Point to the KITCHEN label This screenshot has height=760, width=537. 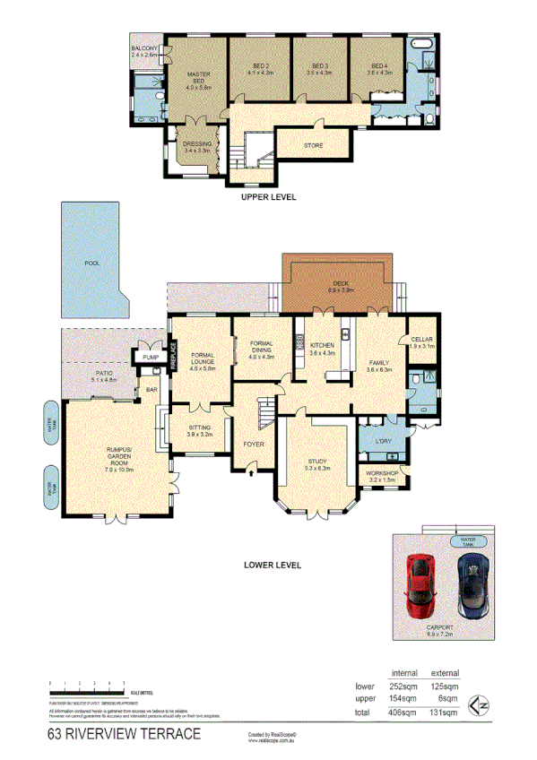pos(322,345)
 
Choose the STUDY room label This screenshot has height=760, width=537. pos(316,462)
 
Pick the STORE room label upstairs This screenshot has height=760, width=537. pos(313,145)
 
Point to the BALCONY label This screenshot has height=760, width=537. pos(144,48)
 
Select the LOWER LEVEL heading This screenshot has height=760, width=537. pos(273,566)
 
